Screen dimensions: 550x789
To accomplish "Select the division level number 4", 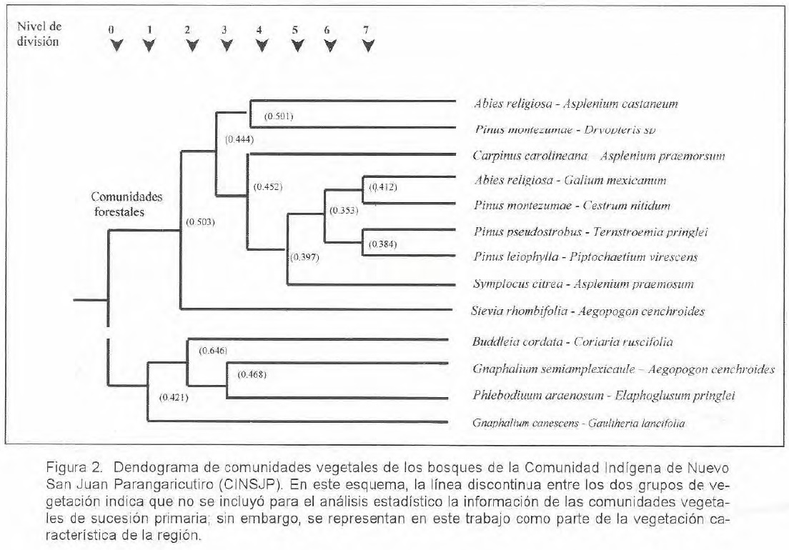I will tap(259, 31).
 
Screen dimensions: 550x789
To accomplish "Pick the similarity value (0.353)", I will tap(343, 211).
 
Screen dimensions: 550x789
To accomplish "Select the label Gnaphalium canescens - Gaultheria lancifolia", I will tap(578, 424).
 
